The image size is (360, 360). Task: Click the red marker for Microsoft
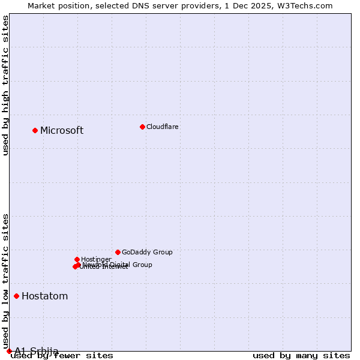coord(35,130)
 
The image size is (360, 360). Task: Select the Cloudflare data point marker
coord(142,127)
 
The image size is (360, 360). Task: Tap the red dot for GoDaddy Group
coord(118,252)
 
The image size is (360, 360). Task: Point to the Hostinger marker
coord(77,259)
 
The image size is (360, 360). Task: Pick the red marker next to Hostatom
coord(16,296)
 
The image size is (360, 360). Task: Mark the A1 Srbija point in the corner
coord(9,351)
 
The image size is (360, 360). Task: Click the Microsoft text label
coord(62,131)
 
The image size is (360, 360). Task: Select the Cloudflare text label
coord(162,127)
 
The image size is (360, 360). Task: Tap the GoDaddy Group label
coord(147,253)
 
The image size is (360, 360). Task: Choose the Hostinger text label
coord(96,259)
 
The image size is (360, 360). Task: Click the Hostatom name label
coord(44,296)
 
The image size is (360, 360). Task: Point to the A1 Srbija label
coord(37,350)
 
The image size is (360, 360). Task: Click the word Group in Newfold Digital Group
coord(142,265)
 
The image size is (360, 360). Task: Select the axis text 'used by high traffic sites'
coord(6,85)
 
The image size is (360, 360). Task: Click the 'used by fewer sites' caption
coord(62,356)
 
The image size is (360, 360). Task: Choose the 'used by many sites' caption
coord(301,356)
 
